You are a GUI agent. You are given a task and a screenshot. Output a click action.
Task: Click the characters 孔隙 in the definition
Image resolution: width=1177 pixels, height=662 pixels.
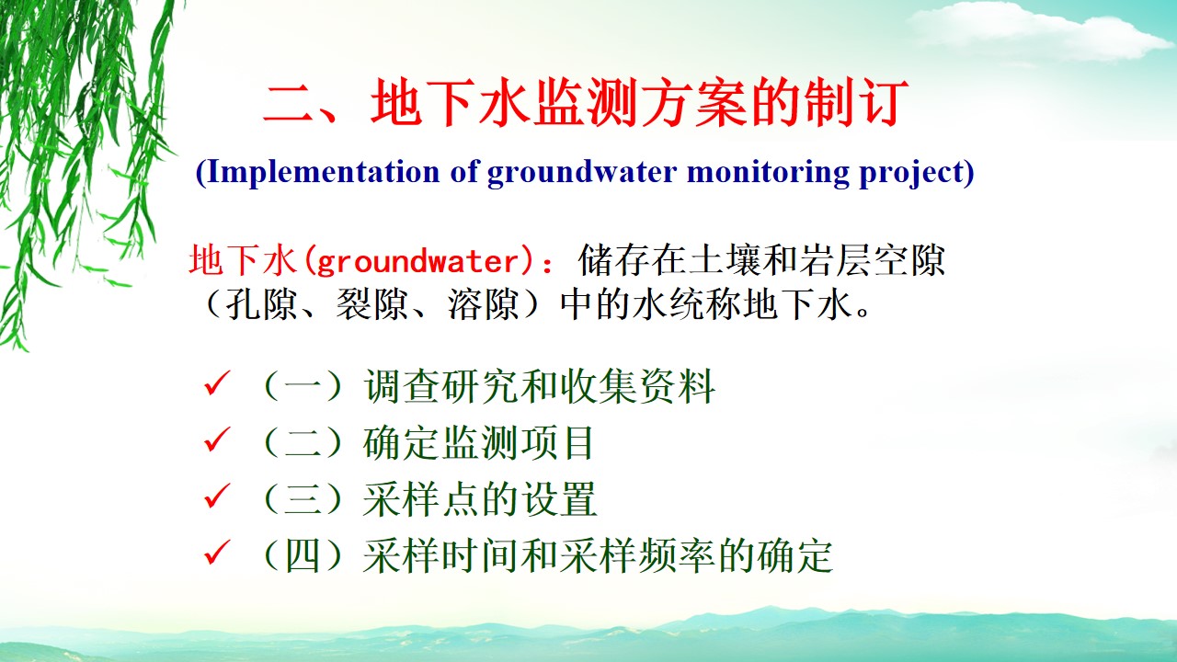pos(261,304)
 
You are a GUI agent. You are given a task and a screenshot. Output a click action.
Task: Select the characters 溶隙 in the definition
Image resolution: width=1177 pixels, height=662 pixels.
pos(484,304)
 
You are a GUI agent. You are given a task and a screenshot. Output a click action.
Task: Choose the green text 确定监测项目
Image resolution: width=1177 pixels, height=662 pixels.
pos(478,442)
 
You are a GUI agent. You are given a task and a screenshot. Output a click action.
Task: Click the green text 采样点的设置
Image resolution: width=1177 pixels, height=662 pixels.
pos(480,499)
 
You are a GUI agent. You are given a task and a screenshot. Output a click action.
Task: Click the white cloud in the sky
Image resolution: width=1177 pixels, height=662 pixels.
pos(1030,31)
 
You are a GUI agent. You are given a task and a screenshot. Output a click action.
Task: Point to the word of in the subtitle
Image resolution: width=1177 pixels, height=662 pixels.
pos(463,171)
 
